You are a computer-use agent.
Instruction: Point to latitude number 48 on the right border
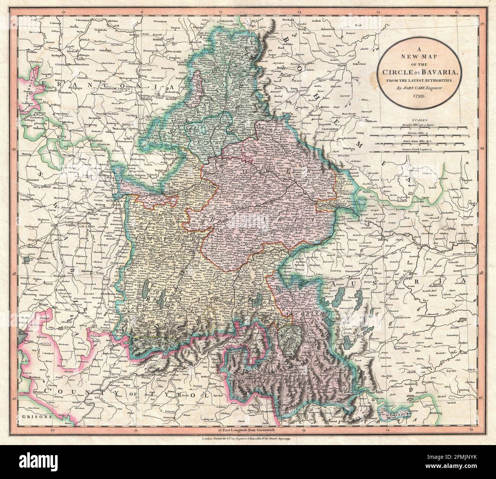point(481,273)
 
